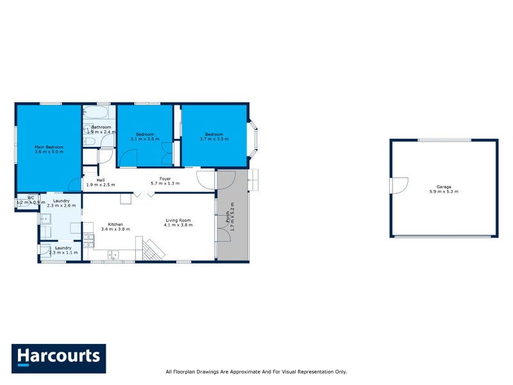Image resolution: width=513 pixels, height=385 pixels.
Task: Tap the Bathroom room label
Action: [101, 127]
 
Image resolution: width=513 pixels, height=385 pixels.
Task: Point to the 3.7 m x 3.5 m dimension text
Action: [214, 139]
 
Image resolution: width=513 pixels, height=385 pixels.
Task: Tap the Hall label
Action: [101, 180]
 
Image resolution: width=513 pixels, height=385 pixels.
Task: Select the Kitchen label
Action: [115, 225]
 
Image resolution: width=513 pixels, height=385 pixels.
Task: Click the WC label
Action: [30, 198]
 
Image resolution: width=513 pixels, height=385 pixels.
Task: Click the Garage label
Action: [444, 187]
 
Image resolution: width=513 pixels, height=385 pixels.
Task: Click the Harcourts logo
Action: [58, 358]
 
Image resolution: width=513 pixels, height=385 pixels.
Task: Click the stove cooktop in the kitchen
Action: [89, 243]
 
